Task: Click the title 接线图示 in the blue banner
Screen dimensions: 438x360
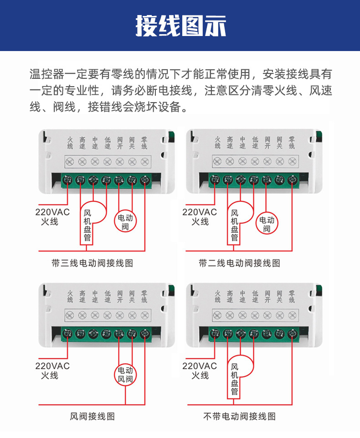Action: (x=180, y=26)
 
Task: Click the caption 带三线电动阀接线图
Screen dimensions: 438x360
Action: (x=93, y=263)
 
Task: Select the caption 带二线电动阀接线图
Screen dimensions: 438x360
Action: (x=239, y=263)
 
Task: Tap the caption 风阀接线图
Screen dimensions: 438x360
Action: (x=93, y=416)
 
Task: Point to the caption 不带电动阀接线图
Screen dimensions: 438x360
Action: (x=239, y=416)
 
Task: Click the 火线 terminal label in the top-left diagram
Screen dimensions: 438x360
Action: (x=70, y=143)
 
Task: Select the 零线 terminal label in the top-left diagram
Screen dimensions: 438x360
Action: (x=144, y=143)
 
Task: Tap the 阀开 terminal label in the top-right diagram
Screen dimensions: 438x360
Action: (x=267, y=143)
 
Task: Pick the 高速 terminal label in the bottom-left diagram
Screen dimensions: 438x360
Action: (x=82, y=296)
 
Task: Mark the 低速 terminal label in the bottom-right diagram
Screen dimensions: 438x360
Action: (x=255, y=296)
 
